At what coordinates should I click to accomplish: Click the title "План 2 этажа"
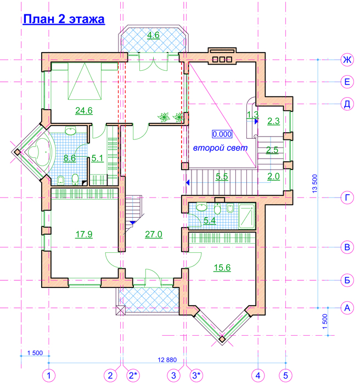click(x=64, y=19)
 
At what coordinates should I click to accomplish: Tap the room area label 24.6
click(x=84, y=110)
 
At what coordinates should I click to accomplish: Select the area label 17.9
click(x=84, y=234)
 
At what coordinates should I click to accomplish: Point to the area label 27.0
click(x=154, y=234)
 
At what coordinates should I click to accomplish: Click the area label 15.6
click(x=222, y=268)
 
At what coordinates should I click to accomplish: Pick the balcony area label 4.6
click(x=153, y=35)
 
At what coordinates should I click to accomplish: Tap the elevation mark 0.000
click(x=222, y=134)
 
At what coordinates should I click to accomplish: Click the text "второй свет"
click(x=220, y=148)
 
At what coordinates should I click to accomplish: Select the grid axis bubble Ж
click(x=347, y=59)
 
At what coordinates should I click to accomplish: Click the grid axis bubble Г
click(x=347, y=197)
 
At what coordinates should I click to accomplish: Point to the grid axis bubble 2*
click(x=133, y=375)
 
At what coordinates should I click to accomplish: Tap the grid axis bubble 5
click(x=285, y=375)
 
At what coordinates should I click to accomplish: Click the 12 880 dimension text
click(x=167, y=360)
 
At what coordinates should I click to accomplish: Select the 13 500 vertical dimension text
click(x=314, y=183)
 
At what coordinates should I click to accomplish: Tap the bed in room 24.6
click(x=85, y=81)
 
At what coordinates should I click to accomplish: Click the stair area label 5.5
click(x=222, y=177)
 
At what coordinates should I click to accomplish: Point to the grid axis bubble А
click(x=347, y=308)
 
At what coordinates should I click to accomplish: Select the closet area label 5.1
click(x=98, y=158)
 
